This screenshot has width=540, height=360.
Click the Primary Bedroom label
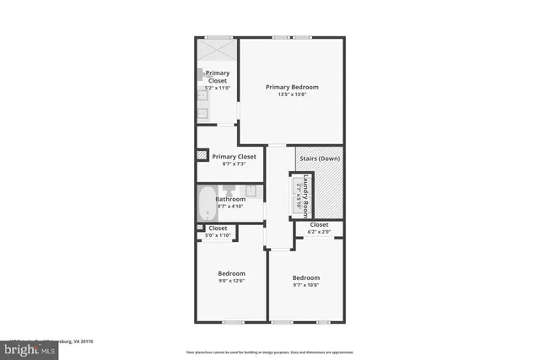pos(293,86)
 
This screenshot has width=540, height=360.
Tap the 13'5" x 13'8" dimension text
pos(293,94)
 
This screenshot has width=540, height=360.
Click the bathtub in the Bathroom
pos(207,202)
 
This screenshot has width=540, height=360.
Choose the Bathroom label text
pos(230,199)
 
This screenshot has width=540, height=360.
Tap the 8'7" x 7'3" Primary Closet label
pos(234,157)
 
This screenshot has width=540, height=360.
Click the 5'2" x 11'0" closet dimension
pos(219,88)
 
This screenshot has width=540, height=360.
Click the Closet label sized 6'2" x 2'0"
pos(319,225)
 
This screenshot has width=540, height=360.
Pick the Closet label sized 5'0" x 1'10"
pos(218,228)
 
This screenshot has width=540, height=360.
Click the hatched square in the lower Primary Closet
pos(202,155)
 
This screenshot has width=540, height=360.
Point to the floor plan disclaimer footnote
pos(269,352)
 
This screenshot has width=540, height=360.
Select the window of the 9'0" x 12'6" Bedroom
pos(232,322)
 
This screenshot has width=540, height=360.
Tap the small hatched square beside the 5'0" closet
pos(200,228)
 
